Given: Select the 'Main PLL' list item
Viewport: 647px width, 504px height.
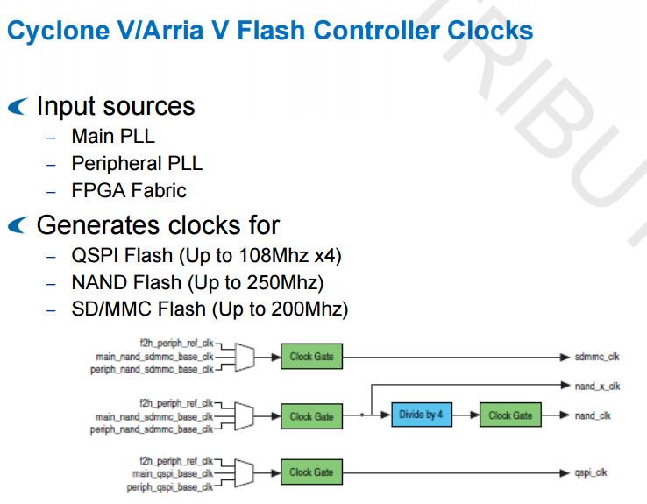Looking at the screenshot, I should (x=113, y=137).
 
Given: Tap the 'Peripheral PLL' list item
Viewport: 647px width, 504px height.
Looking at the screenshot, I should (x=137, y=164).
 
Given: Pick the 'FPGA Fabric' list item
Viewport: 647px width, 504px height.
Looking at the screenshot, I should (x=129, y=190).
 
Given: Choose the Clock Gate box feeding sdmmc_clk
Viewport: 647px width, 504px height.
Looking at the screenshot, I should (x=312, y=357).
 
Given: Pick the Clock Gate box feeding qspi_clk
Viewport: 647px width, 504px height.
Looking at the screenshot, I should (x=312, y=472).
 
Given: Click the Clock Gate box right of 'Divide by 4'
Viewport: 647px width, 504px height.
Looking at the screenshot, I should (x=510, y=415).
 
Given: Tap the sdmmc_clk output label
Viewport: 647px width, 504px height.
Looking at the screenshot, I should (x=597, y=357).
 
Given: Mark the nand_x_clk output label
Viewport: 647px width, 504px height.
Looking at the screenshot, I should (x=597, y=386).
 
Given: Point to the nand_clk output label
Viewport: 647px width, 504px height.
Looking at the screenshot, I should (x=593, y=415).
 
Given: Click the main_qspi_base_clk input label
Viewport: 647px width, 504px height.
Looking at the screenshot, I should (x=174, y=473).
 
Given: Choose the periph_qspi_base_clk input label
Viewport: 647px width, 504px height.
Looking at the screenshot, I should (x=170, y=486).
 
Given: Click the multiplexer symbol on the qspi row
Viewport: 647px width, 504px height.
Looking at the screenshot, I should (x=245, y=473).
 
